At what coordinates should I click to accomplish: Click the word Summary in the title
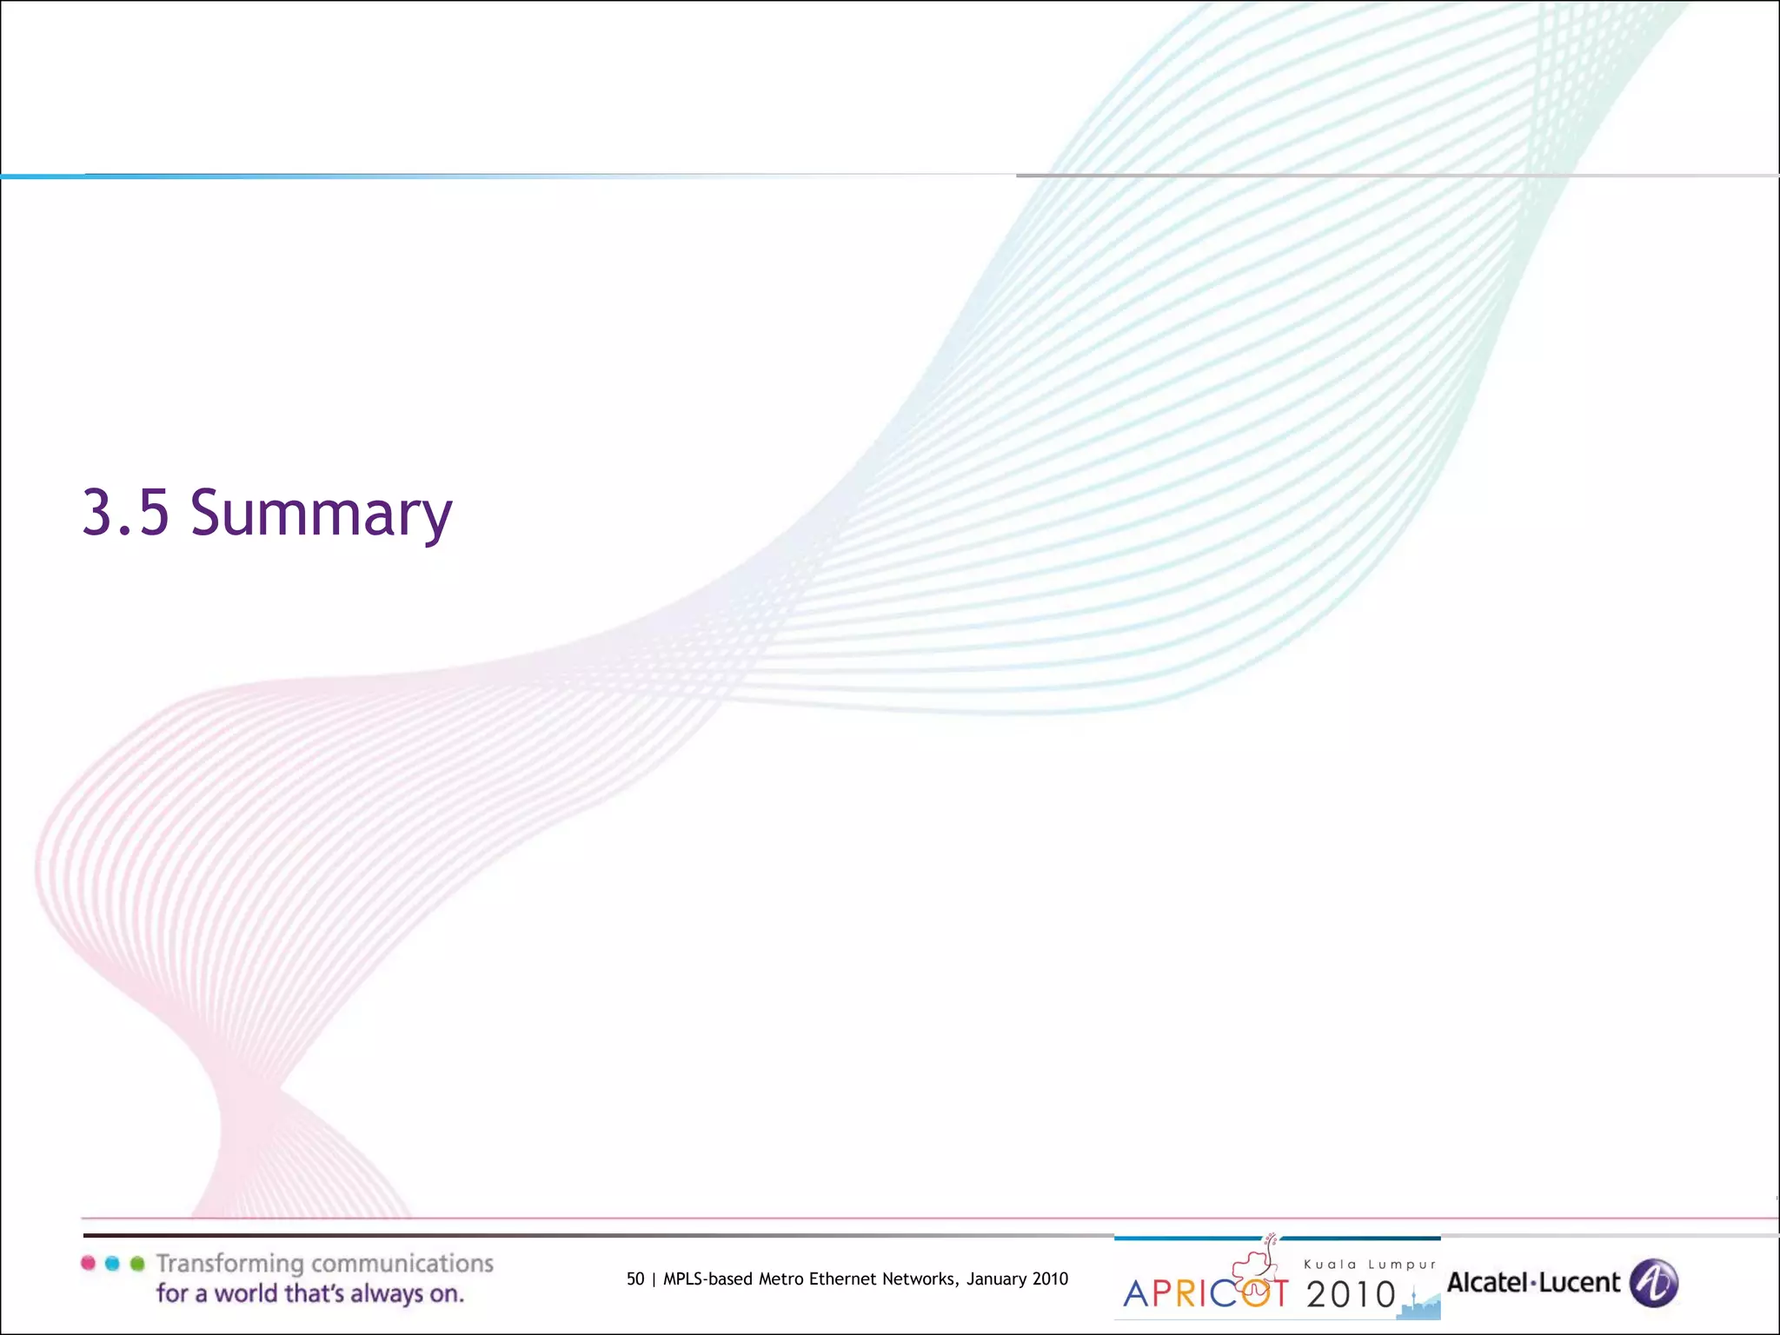click(321, 513)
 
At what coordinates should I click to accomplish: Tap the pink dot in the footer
click(88, 1263)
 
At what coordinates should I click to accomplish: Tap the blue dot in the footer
click(112, 1263)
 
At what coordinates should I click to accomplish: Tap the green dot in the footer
click(136, 1263)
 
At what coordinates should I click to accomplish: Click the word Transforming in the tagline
click(229, 1264)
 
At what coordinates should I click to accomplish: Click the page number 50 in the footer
click(635, 1279)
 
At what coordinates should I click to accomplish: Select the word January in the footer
click(997, 1279)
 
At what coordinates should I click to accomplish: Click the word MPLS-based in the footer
click(707, 1279)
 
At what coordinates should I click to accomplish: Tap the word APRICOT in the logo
click(1205, 1294)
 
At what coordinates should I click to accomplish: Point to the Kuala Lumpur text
click(1370, 1265)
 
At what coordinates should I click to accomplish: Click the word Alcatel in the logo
click(1485, 1283)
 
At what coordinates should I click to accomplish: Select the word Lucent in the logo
click(1579, 1283)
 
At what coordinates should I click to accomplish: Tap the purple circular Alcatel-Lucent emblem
click(1653, 1283)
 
